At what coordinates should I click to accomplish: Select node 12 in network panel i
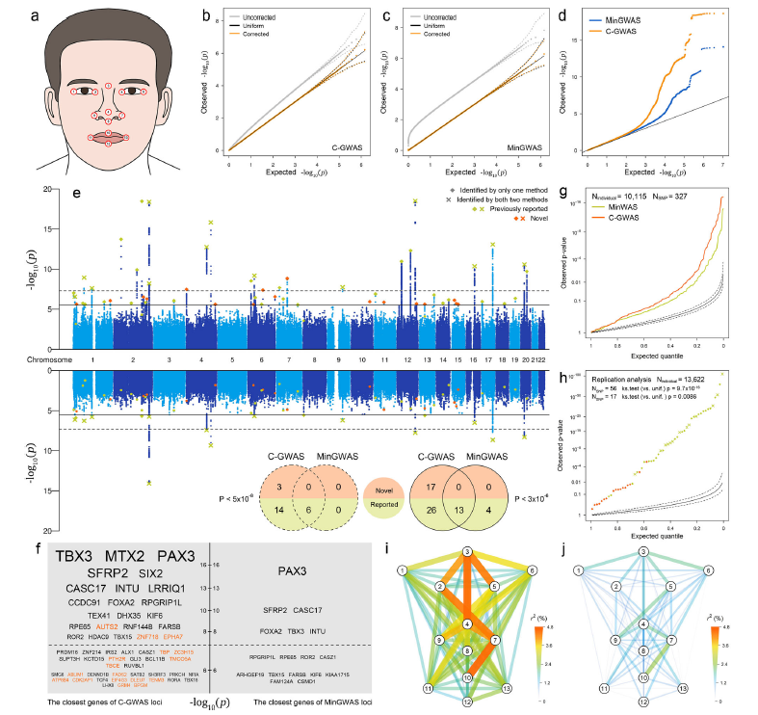click(466, 702)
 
